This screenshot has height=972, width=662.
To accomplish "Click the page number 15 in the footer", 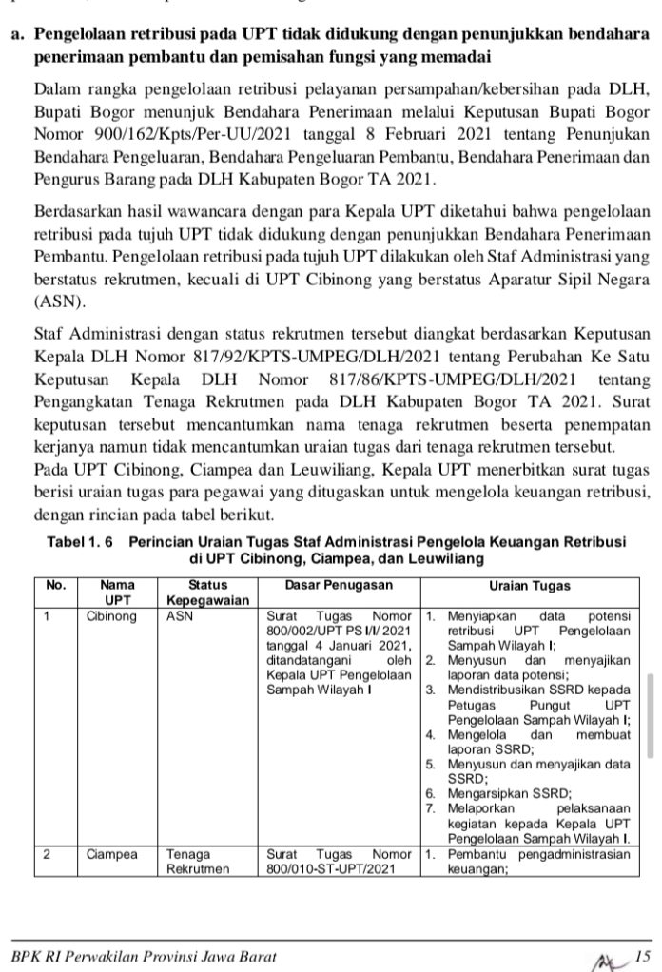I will tap(643, 955).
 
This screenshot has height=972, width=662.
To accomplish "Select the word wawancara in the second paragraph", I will tap(205, 209).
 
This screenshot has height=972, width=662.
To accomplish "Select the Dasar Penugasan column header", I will tap(339, 586).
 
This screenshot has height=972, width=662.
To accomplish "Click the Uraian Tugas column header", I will tap(529, 586).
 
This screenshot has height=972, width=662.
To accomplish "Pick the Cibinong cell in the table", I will tap(111, 615).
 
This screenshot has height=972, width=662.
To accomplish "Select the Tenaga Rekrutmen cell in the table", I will tap(197, 861).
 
